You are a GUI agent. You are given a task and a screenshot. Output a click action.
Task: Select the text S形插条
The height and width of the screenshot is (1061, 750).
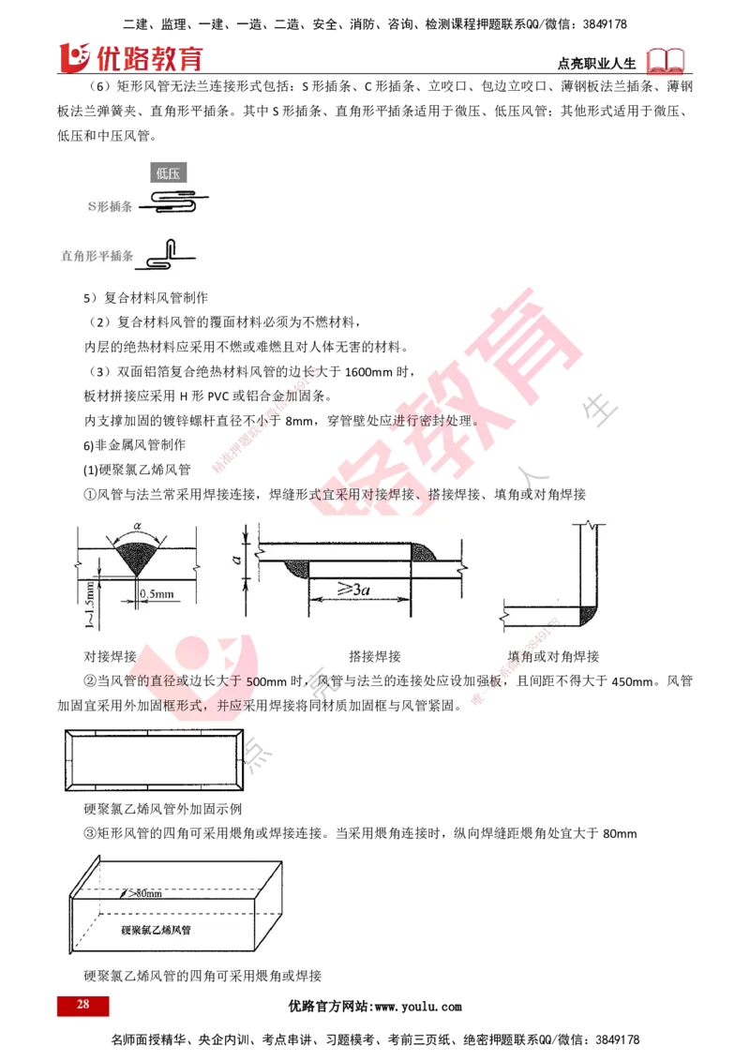click(x=108, y=204)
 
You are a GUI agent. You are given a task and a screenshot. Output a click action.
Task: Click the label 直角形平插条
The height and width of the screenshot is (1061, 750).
click(x=97, y=254)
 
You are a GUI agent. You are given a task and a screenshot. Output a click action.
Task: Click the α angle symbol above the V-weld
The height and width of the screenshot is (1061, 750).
click(x=138, y=529)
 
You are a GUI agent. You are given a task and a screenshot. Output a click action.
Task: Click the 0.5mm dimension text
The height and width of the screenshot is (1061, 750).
click(x=155, y=593)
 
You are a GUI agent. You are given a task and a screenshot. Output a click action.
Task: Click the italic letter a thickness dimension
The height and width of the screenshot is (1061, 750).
click(x=238, y=560)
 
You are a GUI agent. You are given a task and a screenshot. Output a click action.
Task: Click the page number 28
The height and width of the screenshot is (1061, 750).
click(x=82, y=1005)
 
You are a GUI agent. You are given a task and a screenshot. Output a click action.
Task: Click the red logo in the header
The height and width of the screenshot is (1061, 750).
click(x=131, y=58)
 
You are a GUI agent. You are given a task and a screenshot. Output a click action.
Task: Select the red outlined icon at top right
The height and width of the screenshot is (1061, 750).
click(x=667, y=61)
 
